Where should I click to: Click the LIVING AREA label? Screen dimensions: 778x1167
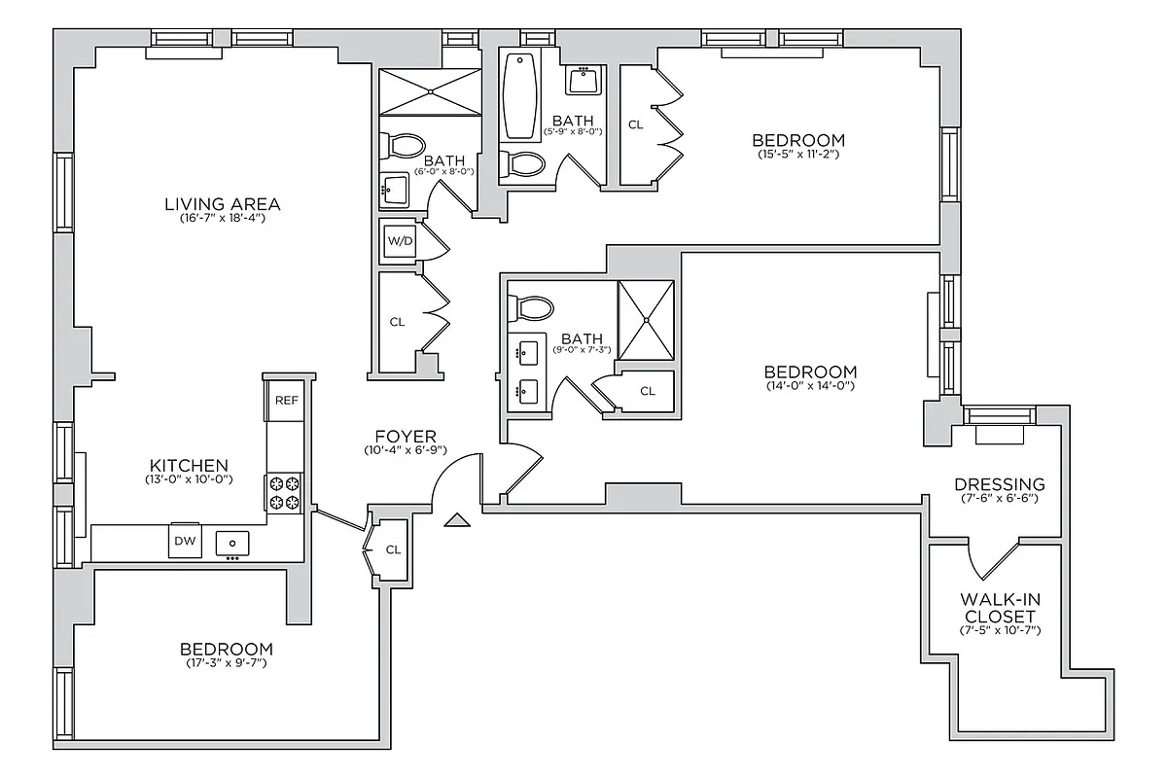click(x=223, y=204)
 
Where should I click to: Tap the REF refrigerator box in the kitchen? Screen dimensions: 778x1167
click(x=286, y=400)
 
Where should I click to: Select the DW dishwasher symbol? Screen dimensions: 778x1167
click(x=185, y=541)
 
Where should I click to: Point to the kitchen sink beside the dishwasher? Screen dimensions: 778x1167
click(x=232, y=543)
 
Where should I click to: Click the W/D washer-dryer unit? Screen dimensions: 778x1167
click(x=400, y=240)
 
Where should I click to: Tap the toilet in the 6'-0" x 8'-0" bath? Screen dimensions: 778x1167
click(x=404, y=145)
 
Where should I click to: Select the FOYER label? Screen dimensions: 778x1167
click(x=407, y=437)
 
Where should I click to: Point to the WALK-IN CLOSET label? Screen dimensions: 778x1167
click(x=999, y=609)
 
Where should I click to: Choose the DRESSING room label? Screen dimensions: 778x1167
click(x=999, y=484)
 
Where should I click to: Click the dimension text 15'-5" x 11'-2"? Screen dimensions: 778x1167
click(x=796, y=154)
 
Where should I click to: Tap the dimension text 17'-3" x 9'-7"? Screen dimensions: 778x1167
click(x=226, y=663)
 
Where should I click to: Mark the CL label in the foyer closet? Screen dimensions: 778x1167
click(x=393, y=549)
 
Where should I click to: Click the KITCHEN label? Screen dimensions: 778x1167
click(x=189, y=466)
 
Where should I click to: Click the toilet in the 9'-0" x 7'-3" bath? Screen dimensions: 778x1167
click(x=531, y=306)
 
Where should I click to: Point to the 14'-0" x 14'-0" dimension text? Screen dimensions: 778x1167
click(x=810, y=385)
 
